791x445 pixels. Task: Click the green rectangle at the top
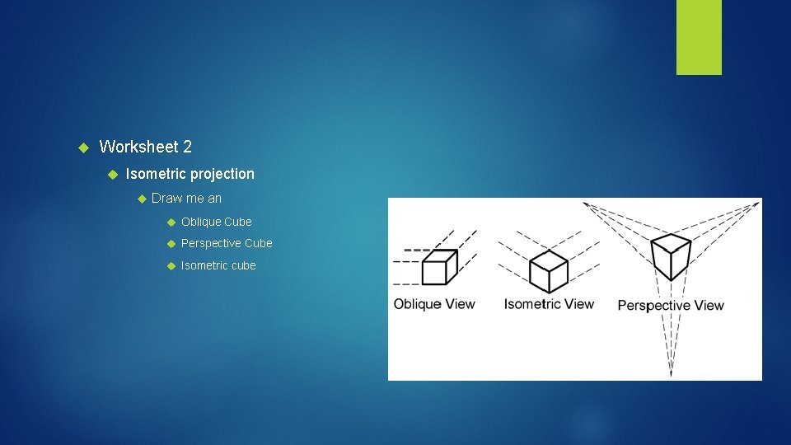699,36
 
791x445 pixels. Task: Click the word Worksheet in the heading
138,148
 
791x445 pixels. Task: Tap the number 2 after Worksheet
188,148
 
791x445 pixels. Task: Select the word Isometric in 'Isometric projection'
156,174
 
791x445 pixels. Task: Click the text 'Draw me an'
186,199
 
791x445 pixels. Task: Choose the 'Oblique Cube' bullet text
216,222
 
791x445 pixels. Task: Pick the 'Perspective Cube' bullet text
226,244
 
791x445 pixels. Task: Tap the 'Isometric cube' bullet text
218,265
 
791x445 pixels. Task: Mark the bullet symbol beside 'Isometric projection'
112,175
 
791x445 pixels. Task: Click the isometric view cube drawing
548,271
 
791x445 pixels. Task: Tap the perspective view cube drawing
671,256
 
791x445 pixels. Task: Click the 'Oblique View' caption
434,304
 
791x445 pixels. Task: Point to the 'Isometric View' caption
549,304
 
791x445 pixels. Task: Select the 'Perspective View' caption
671,306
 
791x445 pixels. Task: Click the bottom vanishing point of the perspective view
671,374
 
